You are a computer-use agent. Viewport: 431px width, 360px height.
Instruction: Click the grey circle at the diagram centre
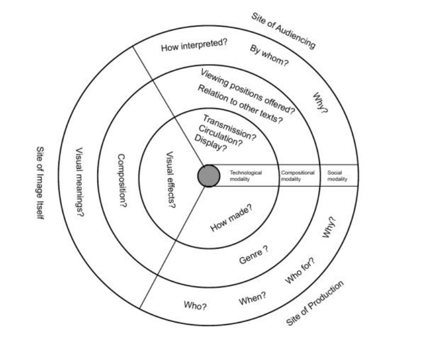tap(209, 176)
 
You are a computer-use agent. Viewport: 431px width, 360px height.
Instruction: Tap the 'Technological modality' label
tap(246, 176)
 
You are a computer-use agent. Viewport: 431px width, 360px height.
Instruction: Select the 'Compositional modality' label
tap(297, 176)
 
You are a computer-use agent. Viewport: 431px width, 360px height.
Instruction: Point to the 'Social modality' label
tap(337, 176)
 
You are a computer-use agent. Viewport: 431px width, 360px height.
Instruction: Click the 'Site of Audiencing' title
tap(283, 31)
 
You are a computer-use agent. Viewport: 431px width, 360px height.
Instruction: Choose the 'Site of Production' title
tap(315, 303)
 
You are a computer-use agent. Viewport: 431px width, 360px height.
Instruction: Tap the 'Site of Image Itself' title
tap(40, 183)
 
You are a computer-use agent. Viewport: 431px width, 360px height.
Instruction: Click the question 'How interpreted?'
tap(194, 45)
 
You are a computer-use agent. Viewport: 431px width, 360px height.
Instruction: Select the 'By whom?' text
tap(269, 56)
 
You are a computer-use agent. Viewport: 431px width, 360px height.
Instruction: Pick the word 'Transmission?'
tap(229, 127)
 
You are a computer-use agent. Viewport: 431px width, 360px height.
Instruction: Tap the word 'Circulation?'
tap(220, 136)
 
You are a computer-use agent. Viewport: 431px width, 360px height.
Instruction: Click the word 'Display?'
tap(211, 143)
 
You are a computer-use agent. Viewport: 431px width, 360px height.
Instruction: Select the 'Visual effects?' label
tap(171, 180)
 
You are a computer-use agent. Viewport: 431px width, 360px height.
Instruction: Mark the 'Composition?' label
tap(122, 181)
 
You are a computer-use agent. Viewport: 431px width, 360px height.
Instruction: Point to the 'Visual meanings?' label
tap(80, 183)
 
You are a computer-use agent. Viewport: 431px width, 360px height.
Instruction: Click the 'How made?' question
tap(232, 218)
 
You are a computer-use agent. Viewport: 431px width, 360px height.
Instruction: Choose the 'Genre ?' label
tap(253, 255)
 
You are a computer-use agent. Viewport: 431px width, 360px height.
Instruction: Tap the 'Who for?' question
tap(300, 271)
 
